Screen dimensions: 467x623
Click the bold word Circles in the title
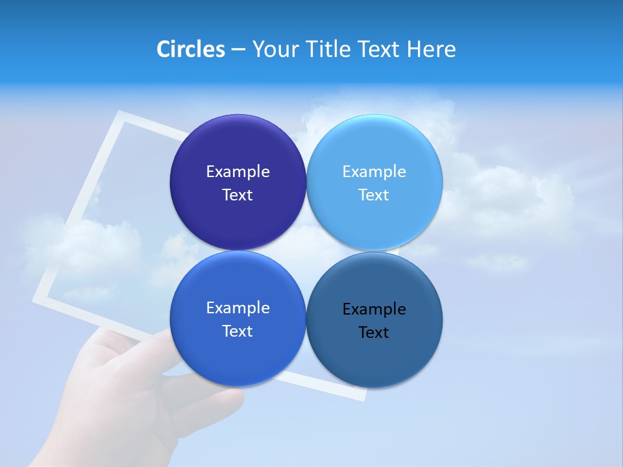(190, 49)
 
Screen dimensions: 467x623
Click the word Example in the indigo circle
(238, 172)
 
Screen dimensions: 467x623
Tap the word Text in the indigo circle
(238, 195)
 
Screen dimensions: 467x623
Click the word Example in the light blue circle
(374, 172)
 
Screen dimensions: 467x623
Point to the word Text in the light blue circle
(374, 195)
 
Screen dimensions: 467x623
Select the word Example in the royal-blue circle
(238, 308)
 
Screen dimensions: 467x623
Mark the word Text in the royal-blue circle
(238, 331)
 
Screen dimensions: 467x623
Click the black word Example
(374, 309)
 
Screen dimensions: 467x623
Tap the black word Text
(374, 333)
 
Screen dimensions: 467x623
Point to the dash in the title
(238, 50)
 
